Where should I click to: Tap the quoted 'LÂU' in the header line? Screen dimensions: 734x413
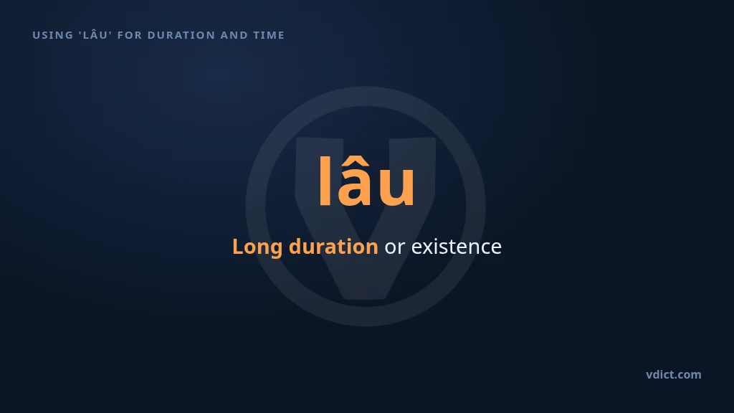[x=95, y=34]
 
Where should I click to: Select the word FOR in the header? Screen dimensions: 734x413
[x=130, y=35]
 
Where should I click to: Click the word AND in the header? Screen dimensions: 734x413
[x=234, y=35]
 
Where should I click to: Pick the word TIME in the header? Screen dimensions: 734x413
[x=269, y=35]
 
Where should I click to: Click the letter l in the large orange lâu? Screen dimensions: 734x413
[x=325, y=181]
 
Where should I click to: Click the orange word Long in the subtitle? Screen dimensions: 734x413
[x=257, y=247]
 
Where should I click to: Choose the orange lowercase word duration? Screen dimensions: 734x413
[x=333, y=247]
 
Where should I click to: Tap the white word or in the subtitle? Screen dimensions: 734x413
[x=395, y=247]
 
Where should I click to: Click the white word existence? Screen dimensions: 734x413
[x=457, y=247]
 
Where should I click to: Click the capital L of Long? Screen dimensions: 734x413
[x=238, y=247]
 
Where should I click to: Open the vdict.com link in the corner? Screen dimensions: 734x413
[x=674, y=374]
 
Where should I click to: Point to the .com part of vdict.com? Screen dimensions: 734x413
[x=690, y=376]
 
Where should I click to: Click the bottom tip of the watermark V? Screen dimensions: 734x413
[x=366, y=297]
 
